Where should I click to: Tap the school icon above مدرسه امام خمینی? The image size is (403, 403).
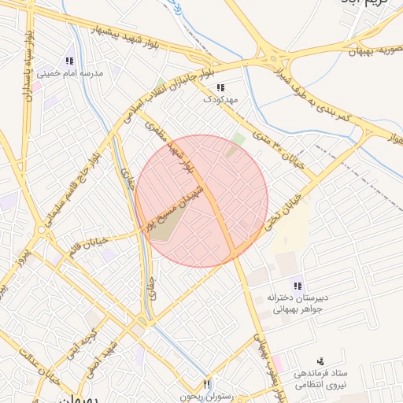click(69, 61)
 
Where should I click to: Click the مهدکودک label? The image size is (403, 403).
click(220, 100)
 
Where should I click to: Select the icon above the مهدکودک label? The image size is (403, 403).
click(220, 87)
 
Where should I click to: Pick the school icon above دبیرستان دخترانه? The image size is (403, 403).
click(298, 285)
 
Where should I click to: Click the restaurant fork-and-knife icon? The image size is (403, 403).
click(207, 384)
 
